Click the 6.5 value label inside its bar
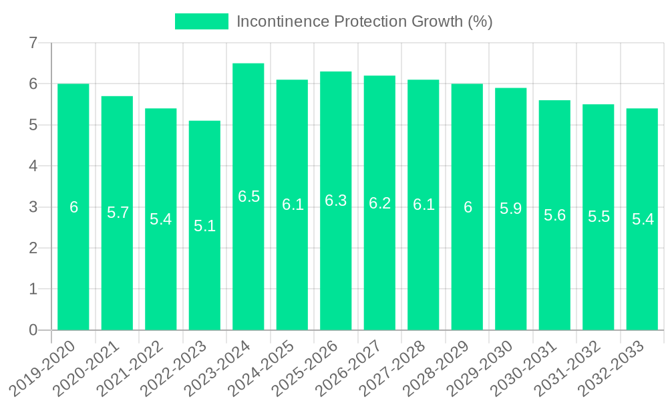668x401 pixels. (248, 196)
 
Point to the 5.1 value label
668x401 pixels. (204, 226)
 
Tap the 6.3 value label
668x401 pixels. (336, 200)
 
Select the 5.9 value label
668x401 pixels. (511, 209)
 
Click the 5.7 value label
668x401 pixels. (118, 213)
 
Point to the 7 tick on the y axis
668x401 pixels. (33, 43)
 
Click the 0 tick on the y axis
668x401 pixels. (33, 330)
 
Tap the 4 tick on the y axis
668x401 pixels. (33, 166)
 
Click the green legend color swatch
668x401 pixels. (201, 21)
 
